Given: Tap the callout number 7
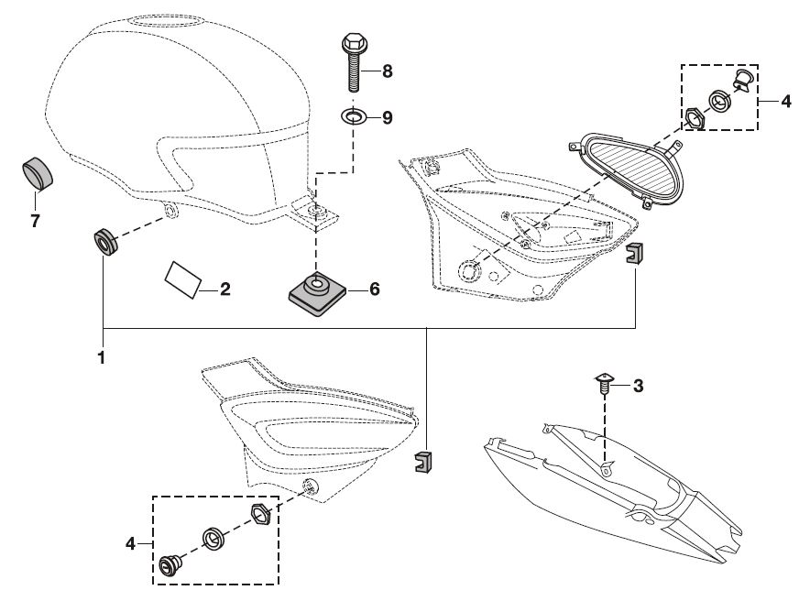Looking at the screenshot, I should coord(36,221).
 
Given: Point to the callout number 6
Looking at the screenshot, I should coord(374,289).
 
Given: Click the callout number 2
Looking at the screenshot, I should coord(224,290).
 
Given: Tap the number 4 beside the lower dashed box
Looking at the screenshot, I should coord(132,543).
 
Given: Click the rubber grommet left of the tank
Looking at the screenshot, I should coord(106,244).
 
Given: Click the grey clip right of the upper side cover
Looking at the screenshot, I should coord(631,255).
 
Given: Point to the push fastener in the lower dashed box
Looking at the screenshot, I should coord(170,566).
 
